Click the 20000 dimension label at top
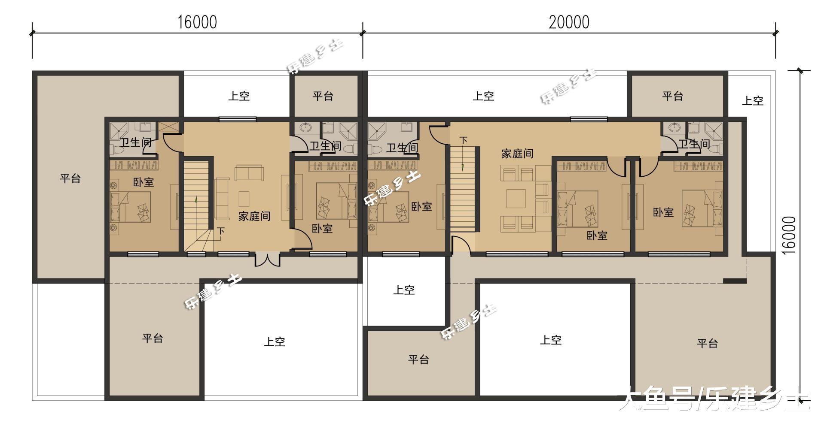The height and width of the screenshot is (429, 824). point(569,22)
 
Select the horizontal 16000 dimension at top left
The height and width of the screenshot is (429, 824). point(197,22)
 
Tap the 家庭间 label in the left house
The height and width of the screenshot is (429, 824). point(254,216)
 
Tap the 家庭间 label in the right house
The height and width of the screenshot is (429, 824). point(517,154)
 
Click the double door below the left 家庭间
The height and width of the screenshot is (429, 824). point(267,260)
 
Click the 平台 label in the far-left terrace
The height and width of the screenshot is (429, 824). point(70,178)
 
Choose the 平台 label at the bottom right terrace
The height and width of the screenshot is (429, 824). point(707,343)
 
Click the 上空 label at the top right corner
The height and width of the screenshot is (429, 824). point(753,101)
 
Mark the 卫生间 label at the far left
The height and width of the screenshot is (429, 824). point(135,142)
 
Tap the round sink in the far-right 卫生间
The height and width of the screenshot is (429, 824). point(674,127)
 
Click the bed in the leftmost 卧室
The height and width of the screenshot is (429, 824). point(130,207)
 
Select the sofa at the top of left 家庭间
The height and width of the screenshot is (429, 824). point(249,172)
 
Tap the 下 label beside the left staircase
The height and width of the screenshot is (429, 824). point(220,231)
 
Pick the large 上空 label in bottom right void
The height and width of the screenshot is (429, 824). point(550,340)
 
